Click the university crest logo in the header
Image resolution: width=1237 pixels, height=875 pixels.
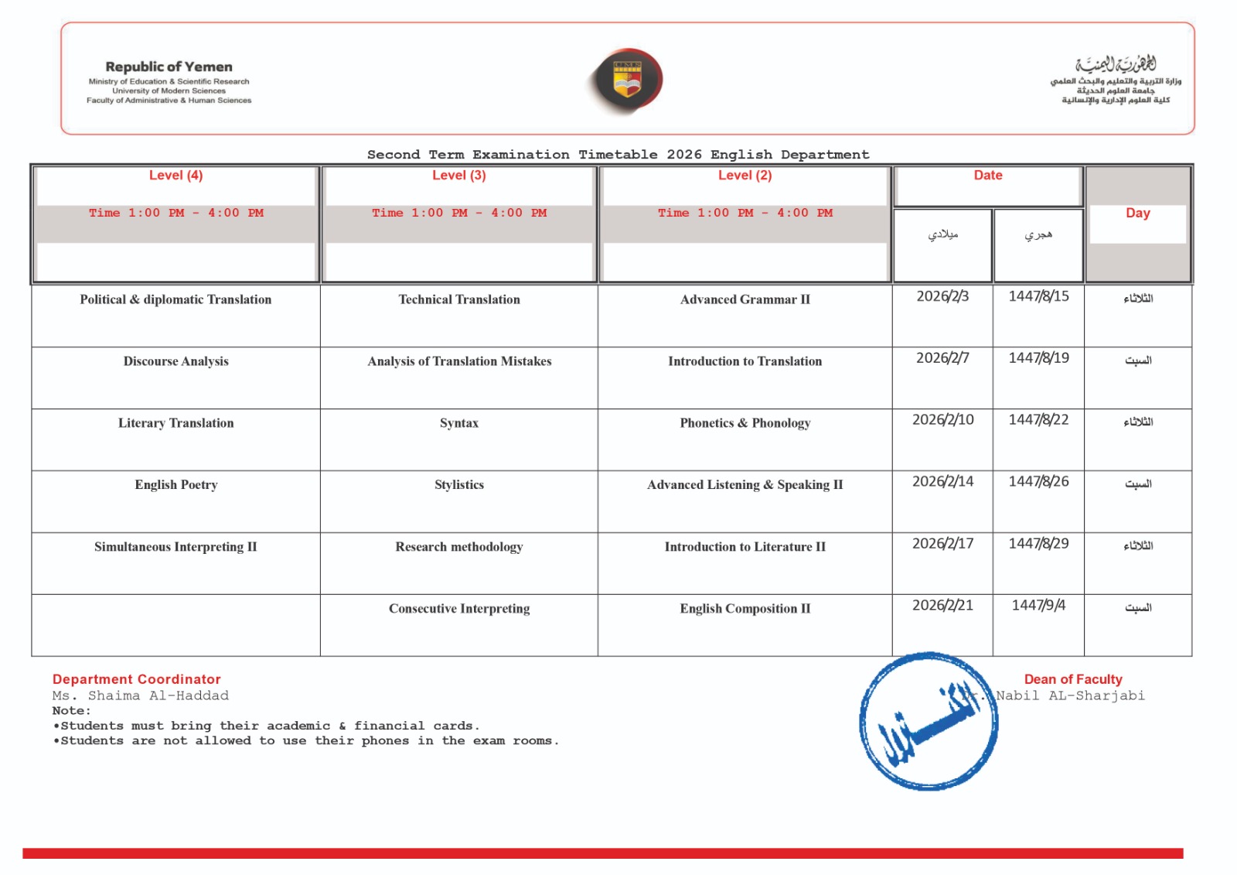point(627,80)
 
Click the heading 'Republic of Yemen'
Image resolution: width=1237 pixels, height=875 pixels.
point(169,67)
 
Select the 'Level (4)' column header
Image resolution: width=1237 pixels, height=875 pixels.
point(176,176)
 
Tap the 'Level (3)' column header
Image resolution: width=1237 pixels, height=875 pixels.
point(459,176)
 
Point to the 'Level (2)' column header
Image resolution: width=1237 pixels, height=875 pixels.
point(745,176)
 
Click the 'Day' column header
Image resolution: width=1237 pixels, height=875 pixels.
point(1137,214)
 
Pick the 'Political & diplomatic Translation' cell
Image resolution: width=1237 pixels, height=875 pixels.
point(175,300)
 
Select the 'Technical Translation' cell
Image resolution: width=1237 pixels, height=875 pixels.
point(459,300)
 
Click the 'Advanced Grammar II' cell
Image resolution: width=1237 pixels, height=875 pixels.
point(745,300)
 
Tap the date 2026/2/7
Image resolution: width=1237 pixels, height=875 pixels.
point(942,358)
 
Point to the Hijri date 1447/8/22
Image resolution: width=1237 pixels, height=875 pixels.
point(1038,420)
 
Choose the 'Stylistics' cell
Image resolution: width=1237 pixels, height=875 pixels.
point(459,485)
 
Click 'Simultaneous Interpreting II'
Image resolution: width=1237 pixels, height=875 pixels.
point(175,547)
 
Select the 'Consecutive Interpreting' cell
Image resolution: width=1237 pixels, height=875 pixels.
point(459,609)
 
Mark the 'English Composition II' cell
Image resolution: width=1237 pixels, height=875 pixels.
point(745,609)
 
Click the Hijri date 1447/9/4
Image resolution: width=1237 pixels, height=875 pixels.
point(1038,606)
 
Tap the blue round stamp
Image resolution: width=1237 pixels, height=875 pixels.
point(928,722)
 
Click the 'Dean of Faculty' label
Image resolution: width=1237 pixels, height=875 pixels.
point(1073,679)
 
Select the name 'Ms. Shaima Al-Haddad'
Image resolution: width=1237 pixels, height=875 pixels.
point(141,696)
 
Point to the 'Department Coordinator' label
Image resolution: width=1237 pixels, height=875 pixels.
point(137,679)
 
